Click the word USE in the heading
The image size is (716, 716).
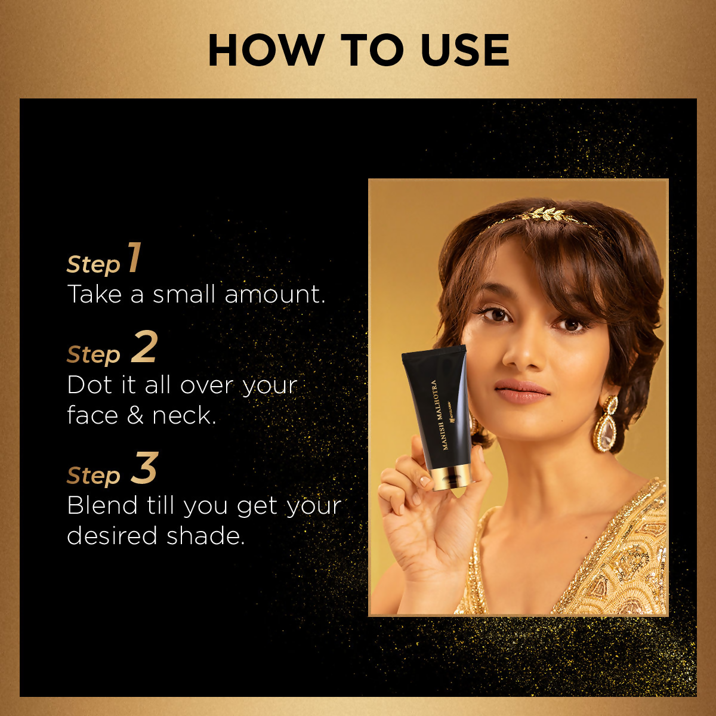click(x=465, y=51)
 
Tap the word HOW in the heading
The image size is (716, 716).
click(x=266, y=51)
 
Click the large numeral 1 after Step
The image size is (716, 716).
click(x=135, y=258)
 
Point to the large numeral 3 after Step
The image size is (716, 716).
click(x=144, y=469)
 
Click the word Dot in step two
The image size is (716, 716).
click(x=87, y=385)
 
